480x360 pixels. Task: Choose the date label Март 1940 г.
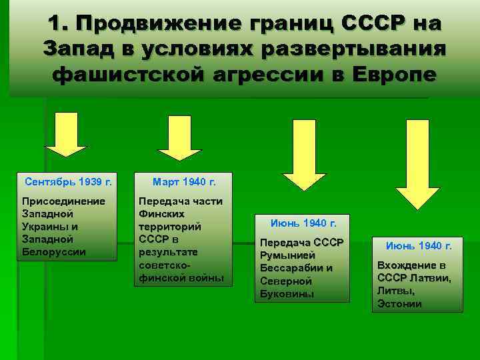[184, 181]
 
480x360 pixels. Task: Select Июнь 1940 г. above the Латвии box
[419, 246]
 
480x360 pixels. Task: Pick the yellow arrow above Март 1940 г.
[178, 137]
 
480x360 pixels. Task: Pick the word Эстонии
[399, 304]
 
